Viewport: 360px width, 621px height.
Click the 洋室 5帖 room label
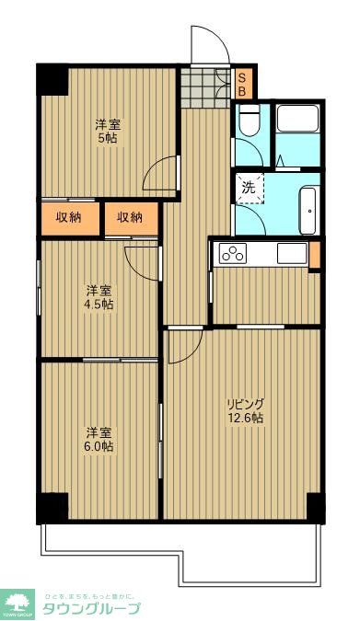click(109, 132)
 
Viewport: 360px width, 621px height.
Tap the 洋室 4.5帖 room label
click(100, 296)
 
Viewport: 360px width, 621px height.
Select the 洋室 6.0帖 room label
click(100, 439)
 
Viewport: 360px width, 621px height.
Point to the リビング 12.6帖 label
click(246, 410)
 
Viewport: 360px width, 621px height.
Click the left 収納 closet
click(68, 218)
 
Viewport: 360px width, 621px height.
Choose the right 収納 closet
click(129, 218)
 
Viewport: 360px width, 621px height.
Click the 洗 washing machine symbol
click(248, 188)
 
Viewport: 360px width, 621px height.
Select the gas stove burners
click(232, 254)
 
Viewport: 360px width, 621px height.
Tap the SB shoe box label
click(242, 85)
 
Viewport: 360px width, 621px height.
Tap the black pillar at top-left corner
click(52, 79)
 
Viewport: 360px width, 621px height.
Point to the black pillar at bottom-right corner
click(315, 507)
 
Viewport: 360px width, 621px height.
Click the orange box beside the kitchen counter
click(314, 254)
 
